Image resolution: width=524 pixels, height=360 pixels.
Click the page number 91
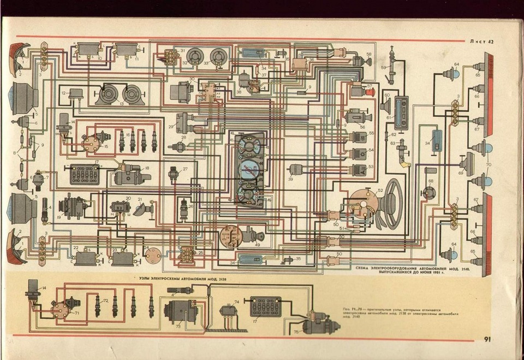coord(487,339)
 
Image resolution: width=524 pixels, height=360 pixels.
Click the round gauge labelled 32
coord(194,56)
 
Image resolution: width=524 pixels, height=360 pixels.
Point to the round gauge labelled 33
coord(219,56)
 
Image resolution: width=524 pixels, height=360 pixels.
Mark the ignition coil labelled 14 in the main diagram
coord(65,125)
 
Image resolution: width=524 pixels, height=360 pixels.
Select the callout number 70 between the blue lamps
coord(489,164)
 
